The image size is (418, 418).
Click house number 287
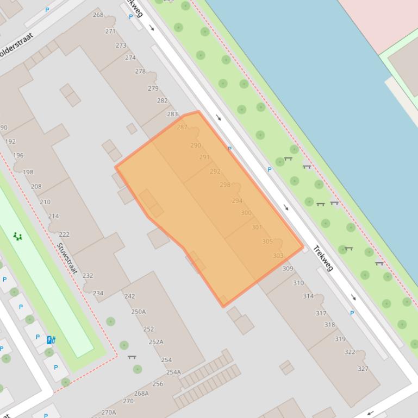[x=182, y=127]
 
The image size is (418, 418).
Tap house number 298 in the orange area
[x=225, y=185]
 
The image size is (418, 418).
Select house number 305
[x=267, y=242]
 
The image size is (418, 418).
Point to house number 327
[x=363, y=369]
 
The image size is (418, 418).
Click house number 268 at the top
[x=98, y=15]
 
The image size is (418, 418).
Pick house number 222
[x=64, y=235]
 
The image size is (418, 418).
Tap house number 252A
[x=156, y=342]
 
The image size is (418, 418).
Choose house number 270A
[x=109, y=412]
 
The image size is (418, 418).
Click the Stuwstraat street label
[x=67, y=258]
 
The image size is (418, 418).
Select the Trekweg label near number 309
[x=323, y=259]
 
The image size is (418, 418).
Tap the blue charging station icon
[x=51, y=340]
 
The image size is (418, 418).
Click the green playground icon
[x=18, y=236]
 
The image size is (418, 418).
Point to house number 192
[x=10, y=142]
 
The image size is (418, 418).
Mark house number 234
[x=98, y=293]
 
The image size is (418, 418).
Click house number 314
[x=308, y=296]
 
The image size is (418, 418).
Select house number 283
[x=172, y=114]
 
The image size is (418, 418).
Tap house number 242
[x=129, y=296]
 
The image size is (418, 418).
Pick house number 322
[x=350, y=352]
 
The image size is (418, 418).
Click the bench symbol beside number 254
[x=132, y=357]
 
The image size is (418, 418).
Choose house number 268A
[x=141, y=394]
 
